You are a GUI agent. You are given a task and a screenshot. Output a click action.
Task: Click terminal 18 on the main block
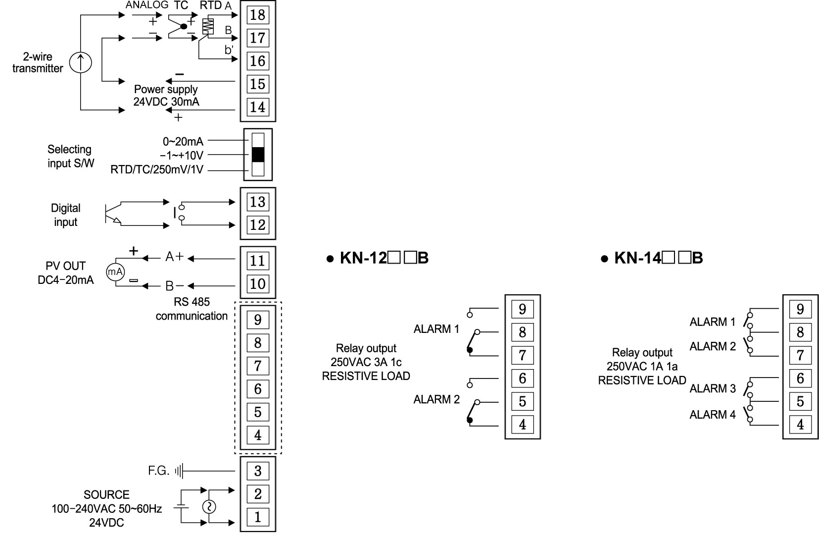point(257,14)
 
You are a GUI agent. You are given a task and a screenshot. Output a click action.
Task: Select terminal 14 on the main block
point(257,107)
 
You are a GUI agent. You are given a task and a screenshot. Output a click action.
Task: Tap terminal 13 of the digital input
point(257,202)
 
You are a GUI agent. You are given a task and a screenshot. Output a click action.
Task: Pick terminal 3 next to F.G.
point(257,471)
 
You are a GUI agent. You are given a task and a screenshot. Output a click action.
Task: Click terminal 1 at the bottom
point(257,517)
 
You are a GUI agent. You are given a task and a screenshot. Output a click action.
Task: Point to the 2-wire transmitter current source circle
point(80,62)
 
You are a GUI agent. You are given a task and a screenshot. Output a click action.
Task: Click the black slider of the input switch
point(258,155)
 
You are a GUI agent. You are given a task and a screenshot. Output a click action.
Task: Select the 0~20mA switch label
point(183,142)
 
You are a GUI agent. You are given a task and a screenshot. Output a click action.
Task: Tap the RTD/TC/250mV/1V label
point(157,170)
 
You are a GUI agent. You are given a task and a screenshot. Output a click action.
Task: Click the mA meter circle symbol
point(115,271)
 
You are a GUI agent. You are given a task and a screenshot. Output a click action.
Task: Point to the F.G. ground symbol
point(180,471)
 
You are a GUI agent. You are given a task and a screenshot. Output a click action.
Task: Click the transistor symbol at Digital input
point(111,215)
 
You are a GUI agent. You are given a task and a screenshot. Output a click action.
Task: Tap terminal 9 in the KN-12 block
point(522,309)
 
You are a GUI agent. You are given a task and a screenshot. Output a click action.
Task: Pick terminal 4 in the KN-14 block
point(800,425)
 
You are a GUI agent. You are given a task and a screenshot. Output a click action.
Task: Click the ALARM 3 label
point(712,388)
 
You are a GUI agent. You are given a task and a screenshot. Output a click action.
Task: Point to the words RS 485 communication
point(192,309)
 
